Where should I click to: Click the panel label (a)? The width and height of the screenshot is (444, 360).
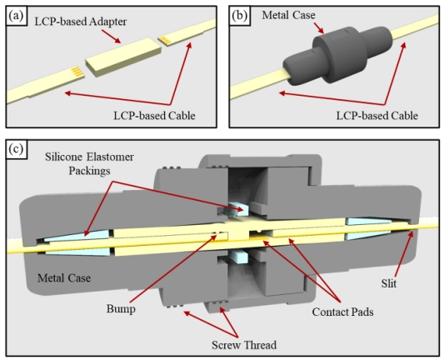pyautogui.click(x=16, y=16)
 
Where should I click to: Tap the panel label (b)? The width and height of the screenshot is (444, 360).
pyautogui.click(x=239, y=16)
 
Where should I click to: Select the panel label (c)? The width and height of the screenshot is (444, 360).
pyautogui.click(x=16, y=148)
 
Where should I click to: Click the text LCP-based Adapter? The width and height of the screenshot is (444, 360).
pyautogui.click(x=81, y=22)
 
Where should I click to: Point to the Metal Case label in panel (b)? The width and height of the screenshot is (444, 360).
pyautogui.click(x=288, y=15)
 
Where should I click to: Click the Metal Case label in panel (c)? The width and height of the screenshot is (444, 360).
pyautogui.click(x=64, y=278)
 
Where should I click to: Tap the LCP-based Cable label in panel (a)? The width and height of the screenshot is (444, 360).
pyautogui.click(x=155, y=116)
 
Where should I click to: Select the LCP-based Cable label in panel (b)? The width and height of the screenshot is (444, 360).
pyautogui.click(x=377, y=116)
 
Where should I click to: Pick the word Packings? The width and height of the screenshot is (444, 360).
pyautogui.click(x=89, y=171)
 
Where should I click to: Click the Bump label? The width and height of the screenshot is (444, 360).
pyautogui.click(x=121, y=308)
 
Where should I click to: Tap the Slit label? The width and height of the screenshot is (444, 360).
pyautogui.click(x=389, y=283)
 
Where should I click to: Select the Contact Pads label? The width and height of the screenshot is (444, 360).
pyautogui.click(x=342, y=312)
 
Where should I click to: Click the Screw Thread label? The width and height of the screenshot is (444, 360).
pyautogui.click(x=244, y=345)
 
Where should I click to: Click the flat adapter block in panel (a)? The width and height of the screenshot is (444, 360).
pyautogui.click(x=124, y=56)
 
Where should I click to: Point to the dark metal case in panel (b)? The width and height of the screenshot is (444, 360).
pyautogui.click(x=337, y=55)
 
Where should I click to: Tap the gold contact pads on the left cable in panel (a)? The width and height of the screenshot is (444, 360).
pyautogui.click(x=77, y=72)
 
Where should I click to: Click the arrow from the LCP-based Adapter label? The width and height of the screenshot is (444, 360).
pyautogui.click(x=111, y=36)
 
